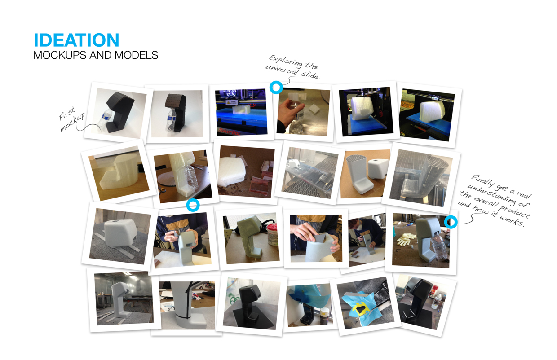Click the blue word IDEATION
[76, 40]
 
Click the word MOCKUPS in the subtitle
[60, 55]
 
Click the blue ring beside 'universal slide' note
[276, 88]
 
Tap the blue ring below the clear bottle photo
[193, 205]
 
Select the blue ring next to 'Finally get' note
[451, 222]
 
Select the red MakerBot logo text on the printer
[229, 132]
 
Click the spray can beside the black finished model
[437, 301]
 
